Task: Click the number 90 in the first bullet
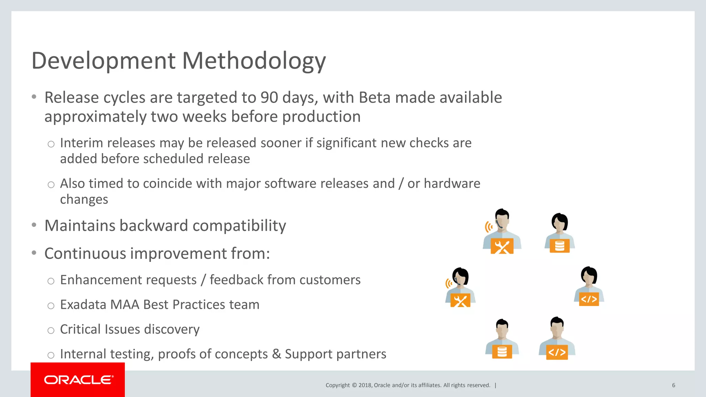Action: click(269, 98)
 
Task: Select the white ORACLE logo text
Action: click(78, 380)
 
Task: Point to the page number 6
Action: click(673, 385)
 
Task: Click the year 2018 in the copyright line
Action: click(365, 385)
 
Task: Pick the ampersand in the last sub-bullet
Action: click(276, 354)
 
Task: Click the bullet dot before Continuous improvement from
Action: click(34, 253)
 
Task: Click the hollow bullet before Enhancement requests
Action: click(51, 281)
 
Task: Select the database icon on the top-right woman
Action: click(559, 246)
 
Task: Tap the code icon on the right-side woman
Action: click(589, 299)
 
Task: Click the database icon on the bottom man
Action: click(502, 352)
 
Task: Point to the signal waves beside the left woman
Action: click(448, 284)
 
